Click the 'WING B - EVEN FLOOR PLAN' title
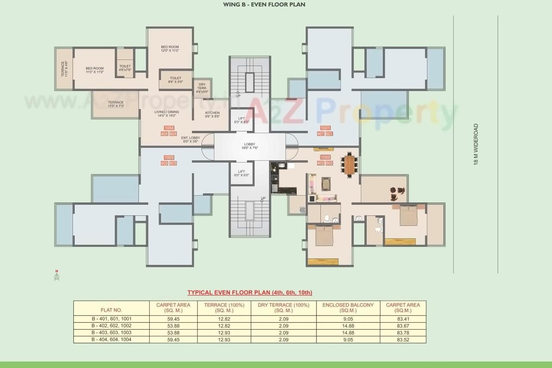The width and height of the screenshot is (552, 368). [x=264, y=5]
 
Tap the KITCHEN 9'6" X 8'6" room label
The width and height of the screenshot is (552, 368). [x=212, y=115]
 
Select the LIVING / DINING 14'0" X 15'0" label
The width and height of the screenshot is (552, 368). [x=167, y=113]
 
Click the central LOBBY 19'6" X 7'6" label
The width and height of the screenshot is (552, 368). [x=249, y=146]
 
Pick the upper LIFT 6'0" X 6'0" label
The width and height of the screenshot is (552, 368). [x=241, y=120]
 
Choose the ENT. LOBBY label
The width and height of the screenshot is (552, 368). [x=190, y=140]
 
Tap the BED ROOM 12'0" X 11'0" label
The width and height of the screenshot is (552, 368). [x=170, y=49]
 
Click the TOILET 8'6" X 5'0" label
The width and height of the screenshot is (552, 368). [x=176, y=80]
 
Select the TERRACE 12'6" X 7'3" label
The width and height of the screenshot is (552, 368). [x=116, y=104]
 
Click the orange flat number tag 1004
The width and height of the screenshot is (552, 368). [x=169, y=128]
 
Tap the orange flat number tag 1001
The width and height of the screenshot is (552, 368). [x=325, y=128]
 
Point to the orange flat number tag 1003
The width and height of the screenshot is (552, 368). [x=169, y=157]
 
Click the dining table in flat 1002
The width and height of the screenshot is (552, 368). [x=350, y=164]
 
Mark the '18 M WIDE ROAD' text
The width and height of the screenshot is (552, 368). [x=476, y=144]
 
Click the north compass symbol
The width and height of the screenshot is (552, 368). [x=56, y=276]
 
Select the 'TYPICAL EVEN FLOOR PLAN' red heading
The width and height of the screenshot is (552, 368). [x=250, y=293]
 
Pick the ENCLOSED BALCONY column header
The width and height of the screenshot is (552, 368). [x=348, y=307]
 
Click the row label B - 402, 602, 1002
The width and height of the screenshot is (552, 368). [x=111, y=326]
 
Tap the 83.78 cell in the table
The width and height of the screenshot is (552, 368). [x=403, y=333]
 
